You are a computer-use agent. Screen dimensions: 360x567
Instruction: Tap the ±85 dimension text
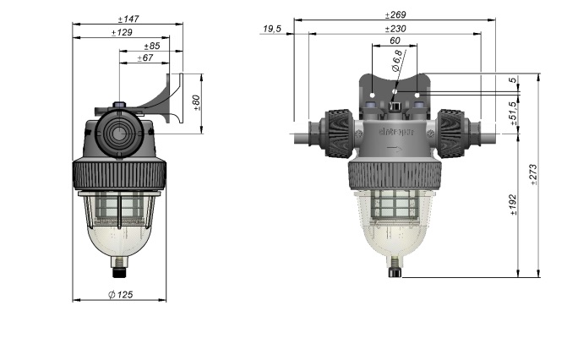click(x=152, y=46)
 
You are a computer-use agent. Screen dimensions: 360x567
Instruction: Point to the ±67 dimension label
click(x=144, y=58)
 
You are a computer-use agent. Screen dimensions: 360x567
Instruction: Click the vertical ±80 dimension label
click(x=197, y=103)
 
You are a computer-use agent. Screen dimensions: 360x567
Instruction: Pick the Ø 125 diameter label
click(x=124, y=294)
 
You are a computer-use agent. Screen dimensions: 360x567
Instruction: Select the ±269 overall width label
click(x=395, y=14)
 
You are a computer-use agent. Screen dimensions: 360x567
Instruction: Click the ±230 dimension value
click(x=395, y=29)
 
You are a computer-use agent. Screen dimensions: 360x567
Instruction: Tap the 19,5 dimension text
click(x=272, y=29)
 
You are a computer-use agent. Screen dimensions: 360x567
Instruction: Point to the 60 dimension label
click(x=395, y=41)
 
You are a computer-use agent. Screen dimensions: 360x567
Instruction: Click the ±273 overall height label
click(x=533, y=175)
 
